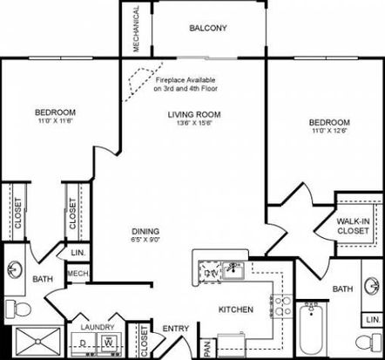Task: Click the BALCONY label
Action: coord(208,28)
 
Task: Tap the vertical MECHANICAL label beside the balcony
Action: coord(136,29)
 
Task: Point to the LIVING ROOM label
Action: coord(194,114)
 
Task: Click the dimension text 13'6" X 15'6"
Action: coord(195,123)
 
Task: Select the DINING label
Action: coord(145,231)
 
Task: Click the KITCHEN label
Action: coord(236,309)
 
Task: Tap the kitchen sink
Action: coord(233,270)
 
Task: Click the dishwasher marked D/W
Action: coord(211,273)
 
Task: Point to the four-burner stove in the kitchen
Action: coord(281,307)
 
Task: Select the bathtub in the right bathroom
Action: coord(312,329)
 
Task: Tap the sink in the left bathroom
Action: coord(14,269)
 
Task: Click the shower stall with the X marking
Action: coord(37,342)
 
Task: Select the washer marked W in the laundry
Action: coord(108,343)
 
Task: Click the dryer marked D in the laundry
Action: coord(84,343)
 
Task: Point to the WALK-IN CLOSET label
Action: coord(353,226)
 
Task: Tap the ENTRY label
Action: coord(176,329)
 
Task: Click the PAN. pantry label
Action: coord(207,349)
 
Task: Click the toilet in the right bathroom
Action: coord(368,342)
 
